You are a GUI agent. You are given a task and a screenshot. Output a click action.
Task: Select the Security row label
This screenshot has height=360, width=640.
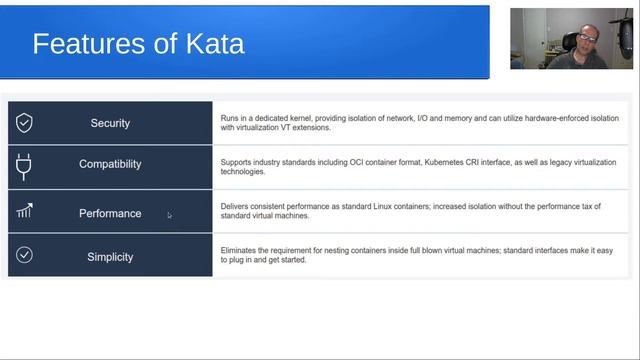click(110, 123)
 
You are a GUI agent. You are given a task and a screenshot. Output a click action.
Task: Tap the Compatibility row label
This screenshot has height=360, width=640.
click(110, 164)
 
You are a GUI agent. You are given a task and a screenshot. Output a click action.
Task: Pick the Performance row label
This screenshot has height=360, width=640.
click(110, 213)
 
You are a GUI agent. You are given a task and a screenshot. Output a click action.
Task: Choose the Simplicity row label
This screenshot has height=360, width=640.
click(110, 257)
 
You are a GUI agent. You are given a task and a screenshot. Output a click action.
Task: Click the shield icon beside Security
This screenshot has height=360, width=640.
click(24, 123)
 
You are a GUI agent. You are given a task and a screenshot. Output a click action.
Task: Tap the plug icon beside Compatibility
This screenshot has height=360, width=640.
click(24, 165)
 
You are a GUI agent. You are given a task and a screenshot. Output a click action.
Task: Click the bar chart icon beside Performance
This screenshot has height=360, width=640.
click(24, 211)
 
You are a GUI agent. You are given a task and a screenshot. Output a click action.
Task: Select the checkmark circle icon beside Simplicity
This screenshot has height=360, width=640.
click(24, 255)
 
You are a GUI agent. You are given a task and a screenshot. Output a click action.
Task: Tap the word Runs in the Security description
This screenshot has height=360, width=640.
click(230, 118)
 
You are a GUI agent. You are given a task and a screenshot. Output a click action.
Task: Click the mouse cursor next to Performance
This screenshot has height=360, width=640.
click(169, 215)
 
